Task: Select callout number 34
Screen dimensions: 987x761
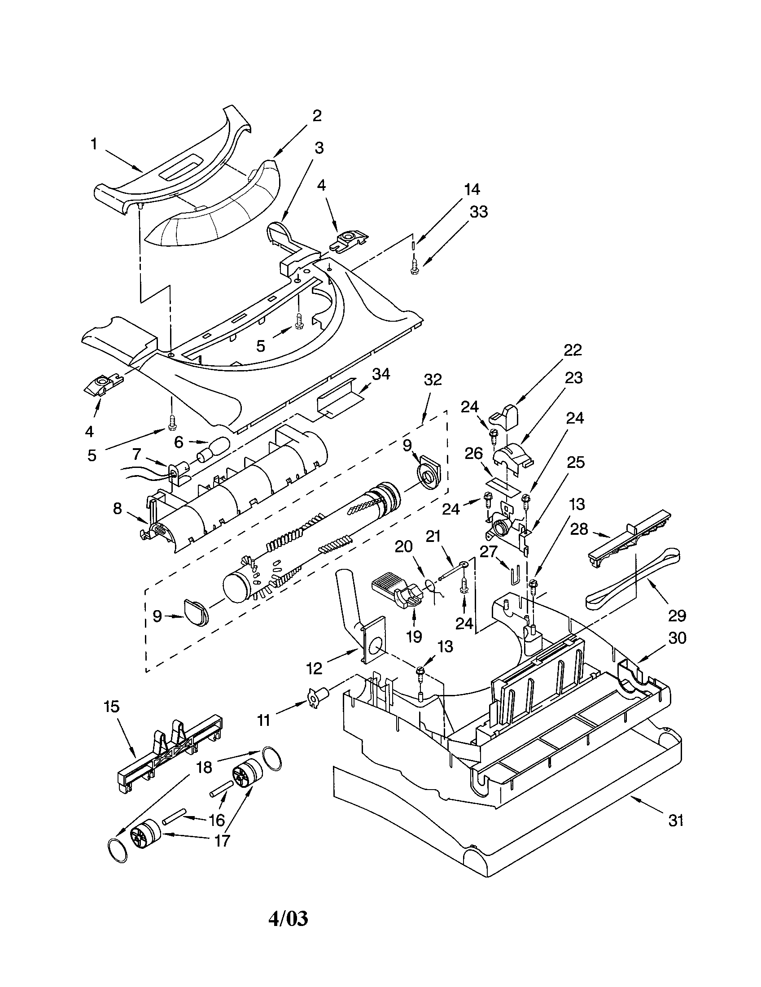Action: coord(381,375)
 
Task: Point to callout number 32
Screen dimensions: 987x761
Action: coord(433,380)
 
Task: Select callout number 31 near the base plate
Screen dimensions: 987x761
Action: coord(676,820)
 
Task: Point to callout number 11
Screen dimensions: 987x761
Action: coord(263,720)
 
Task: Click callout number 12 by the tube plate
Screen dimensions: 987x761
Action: coord(315,668)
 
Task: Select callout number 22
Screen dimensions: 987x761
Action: coord(572,350)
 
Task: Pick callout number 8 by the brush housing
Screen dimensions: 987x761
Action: coord(118,509)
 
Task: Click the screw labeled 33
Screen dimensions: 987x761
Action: coord(414,268)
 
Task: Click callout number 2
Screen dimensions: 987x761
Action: coord(317,116)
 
